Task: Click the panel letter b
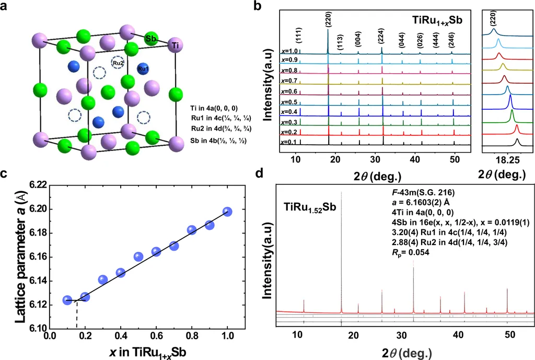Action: (x=272, y=7)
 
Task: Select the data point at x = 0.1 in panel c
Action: (x=67, y=300)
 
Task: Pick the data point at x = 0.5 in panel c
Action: (x=138, y=257)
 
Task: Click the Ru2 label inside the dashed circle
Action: (x=119, y=63)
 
